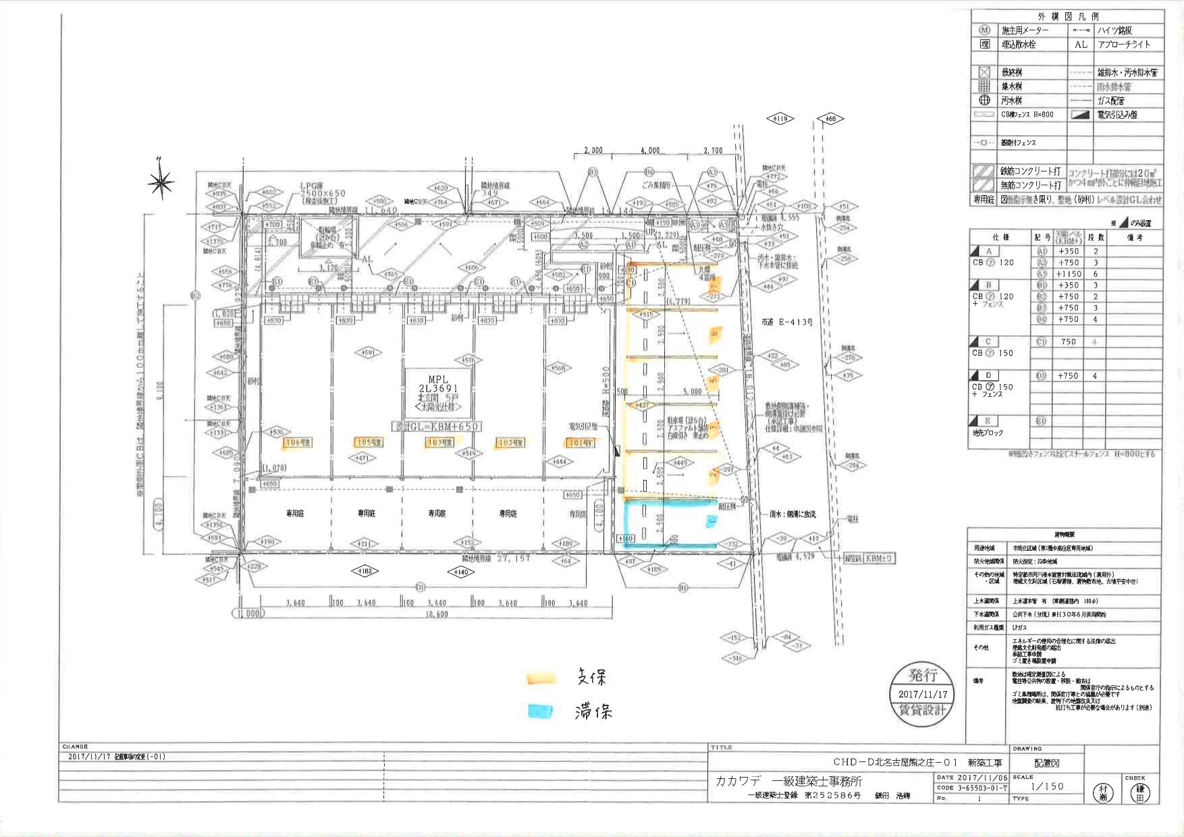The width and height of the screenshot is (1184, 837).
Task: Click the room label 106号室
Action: pos(297,442)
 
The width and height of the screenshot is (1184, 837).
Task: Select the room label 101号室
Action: pos(581,443)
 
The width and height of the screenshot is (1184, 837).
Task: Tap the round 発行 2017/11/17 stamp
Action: pos(922,693)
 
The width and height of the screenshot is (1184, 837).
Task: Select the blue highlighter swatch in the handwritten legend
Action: pos(540,711)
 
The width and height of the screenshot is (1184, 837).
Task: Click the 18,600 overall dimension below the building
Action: pos(437,615)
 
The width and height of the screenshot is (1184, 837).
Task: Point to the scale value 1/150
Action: pos(1047,786)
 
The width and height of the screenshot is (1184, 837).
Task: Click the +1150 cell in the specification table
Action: pos(1069,274)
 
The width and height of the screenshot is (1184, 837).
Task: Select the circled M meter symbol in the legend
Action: pos(984,30)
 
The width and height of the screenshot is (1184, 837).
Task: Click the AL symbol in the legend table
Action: pos(1081,45)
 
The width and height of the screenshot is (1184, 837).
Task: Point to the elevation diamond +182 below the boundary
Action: pos(366,572)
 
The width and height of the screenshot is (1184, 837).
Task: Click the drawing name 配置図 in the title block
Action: pos(1047,763)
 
